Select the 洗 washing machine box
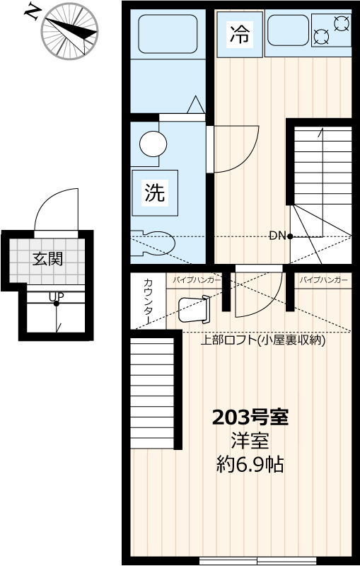point(155,192)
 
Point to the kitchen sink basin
point(287,30)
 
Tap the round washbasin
point(153,144)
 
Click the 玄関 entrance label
point(47,259)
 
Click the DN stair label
point(277,236)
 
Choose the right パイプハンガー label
point(323,281)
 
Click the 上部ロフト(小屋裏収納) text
point(262,340)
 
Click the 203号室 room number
point(250,417)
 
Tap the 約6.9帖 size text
point(250,465)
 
